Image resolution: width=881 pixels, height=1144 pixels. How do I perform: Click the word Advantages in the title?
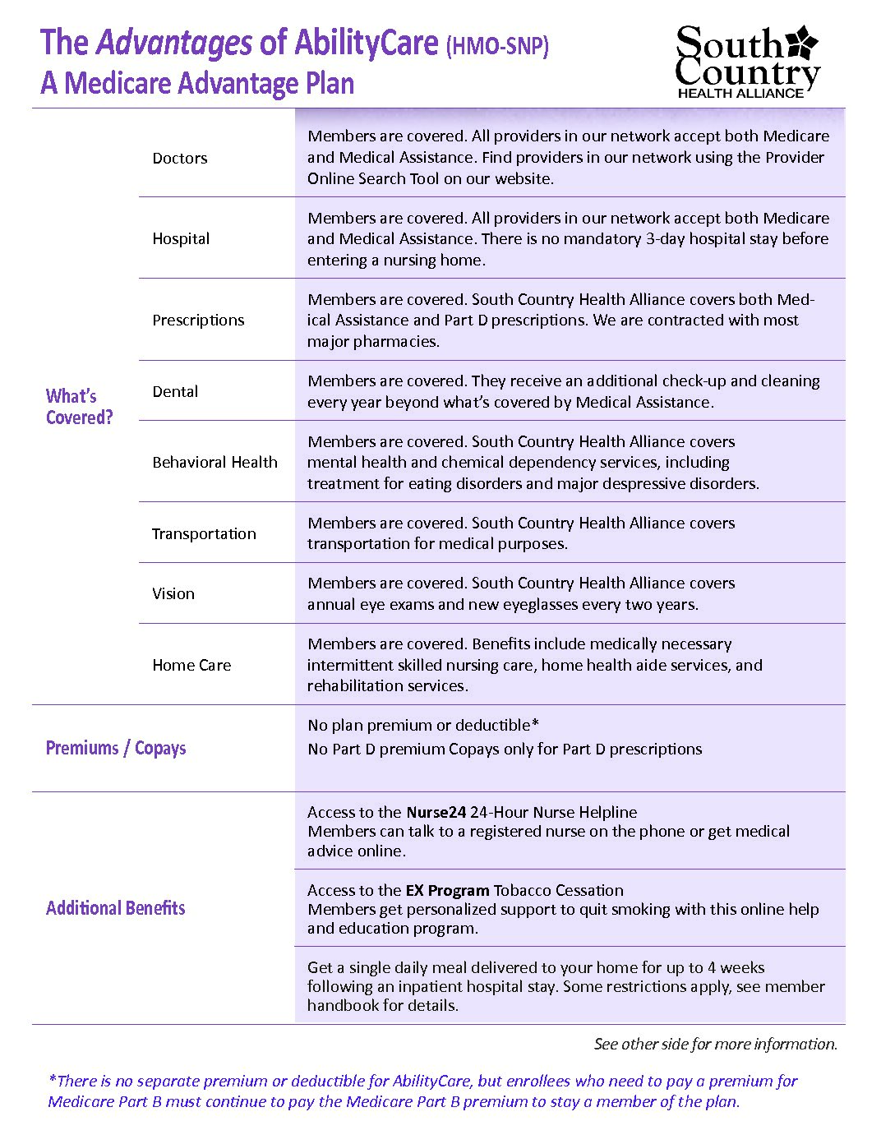coord(174,43)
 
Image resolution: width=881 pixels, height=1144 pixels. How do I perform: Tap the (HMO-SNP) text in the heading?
coord(497,46)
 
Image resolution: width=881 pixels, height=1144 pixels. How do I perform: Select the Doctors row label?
coord(180,159)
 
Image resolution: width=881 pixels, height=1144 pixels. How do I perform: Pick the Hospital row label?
coord(181,239)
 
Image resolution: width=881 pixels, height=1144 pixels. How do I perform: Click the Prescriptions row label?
coord(198,321)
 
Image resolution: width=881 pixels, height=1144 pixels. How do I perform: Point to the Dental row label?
coord(175,392)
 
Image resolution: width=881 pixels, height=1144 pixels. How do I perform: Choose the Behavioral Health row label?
coord(214,463)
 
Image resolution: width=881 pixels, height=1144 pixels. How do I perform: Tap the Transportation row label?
coord(204,534)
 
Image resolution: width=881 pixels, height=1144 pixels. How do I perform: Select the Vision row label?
coord(173,594)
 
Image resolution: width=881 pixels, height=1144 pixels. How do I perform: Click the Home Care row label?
coord(191,666)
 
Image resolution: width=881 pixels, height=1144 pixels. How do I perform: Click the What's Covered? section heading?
coord(79,407)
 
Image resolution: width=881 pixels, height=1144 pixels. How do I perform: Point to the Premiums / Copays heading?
coord(116,749)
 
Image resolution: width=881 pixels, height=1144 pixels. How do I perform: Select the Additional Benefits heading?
coord(115,908)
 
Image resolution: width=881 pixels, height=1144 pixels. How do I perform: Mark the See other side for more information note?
coord(715,1045)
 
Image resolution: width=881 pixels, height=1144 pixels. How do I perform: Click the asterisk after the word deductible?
coord(535,725)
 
